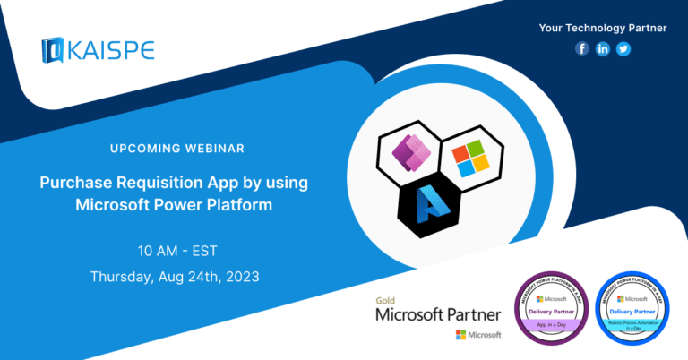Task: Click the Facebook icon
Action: point(583,49)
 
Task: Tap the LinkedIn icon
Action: point(603,49)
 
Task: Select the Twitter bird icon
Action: point(623,49)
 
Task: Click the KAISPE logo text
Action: point(110,49)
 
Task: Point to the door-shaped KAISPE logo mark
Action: point(53,50)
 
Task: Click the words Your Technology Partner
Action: point(603,28)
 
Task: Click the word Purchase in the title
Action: point(77,183)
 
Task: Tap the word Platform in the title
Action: point(236,205)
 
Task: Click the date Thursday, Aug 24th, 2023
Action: point(175,277)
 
